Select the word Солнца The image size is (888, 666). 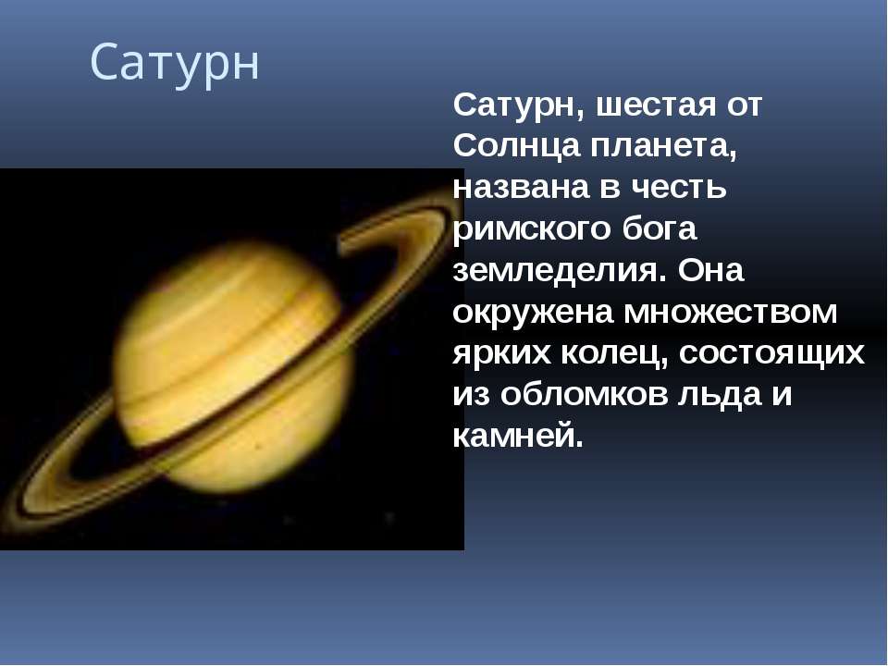(x=516, y=145)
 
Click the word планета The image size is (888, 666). (x=664, y=147)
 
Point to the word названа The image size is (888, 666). (x=521, y=188)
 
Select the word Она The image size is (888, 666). (x=710, y=270)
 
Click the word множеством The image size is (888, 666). (x=730, y=313)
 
